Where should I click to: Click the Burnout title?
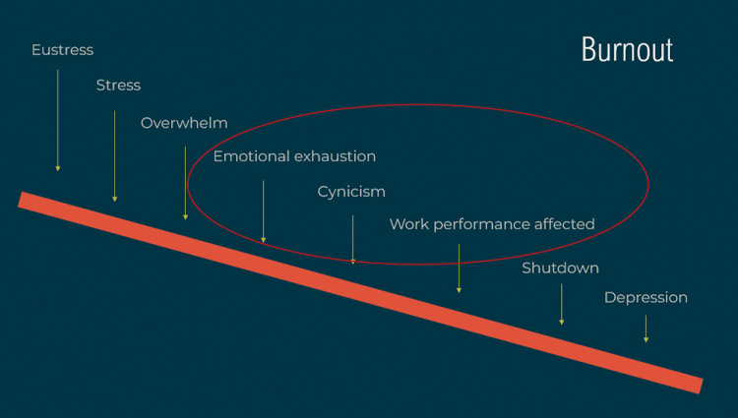[x=627, y=49]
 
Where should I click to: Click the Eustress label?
[x=62, y=49]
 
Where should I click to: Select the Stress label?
[x=118, y=85]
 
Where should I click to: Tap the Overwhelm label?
[x=184, y=123]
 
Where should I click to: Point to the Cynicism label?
[x=351, y=192]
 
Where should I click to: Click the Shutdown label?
[x=560, y=268]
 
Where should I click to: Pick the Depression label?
[x=646, y=297]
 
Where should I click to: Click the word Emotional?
[x=250, y=156]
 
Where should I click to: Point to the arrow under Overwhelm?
[x=185, y=183]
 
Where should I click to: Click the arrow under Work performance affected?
[x=459, y=269]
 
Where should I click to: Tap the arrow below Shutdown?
[x=561, y=304]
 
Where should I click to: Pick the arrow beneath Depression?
[x=646, y=328]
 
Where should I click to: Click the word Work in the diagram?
[x=407, y=224]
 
